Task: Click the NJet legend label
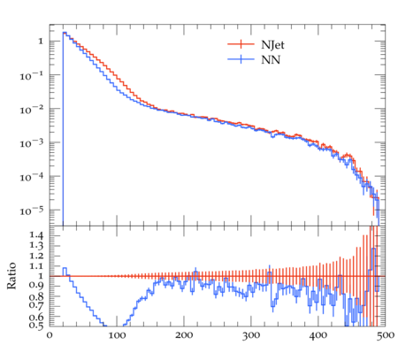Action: pyautogui.click(x=272, y=45)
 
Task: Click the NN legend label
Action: pyautogui.click(x=271, y=60)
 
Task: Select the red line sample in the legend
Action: pyautogui.click(x=241, y=44)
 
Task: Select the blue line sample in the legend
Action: pyautogui.click(x=241, y=59)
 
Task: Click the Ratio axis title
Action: pyautogui.click(x=11, y=276)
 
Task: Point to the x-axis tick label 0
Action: pyautogui.click(x=50, y=335)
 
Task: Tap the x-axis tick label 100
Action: pyautogui.click(x=117, y=335)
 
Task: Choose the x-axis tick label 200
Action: pyautogui.click(x=184, y=335)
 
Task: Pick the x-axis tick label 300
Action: pyautogui.click(x=251, y=335)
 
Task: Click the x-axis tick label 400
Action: pyautogui.click(x=318, y=335)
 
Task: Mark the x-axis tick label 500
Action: pyautogui.click(x=386, y=335)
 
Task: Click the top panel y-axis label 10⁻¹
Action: pyautogui.click(x=32, y=76)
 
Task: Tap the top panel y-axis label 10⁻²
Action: pyautogui.click(x=32, y=110)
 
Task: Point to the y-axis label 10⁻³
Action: pyautogui.click(x=32, y=143)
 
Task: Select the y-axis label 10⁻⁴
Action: pyautogui.click(x=32, y=178)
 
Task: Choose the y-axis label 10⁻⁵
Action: pyautogui.click(x=32, y=211)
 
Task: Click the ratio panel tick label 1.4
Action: pyautogui.click(x=36, y=235)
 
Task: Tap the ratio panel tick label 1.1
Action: pyautogui.click(x=36, y=266)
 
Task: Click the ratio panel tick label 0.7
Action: pyautogui.click(x=36, y=305)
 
